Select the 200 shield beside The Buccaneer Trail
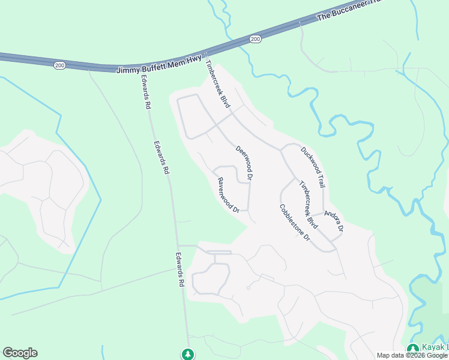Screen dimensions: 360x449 [x=255, y=39]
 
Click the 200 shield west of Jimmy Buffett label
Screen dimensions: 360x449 [x=59, y=65]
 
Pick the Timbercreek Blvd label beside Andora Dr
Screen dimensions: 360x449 [x=308, y=204]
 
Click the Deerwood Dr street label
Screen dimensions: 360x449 [x=245, y=163]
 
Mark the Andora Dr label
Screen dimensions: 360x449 [x=334, y=221]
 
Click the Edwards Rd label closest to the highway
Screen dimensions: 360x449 [x=145, y=91]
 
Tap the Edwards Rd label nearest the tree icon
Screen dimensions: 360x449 [x=179, y=269]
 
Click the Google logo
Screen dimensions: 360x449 [x=20, y=353]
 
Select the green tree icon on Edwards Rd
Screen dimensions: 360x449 [x=188, y=354]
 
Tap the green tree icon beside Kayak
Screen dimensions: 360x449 [x=412, y=349]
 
